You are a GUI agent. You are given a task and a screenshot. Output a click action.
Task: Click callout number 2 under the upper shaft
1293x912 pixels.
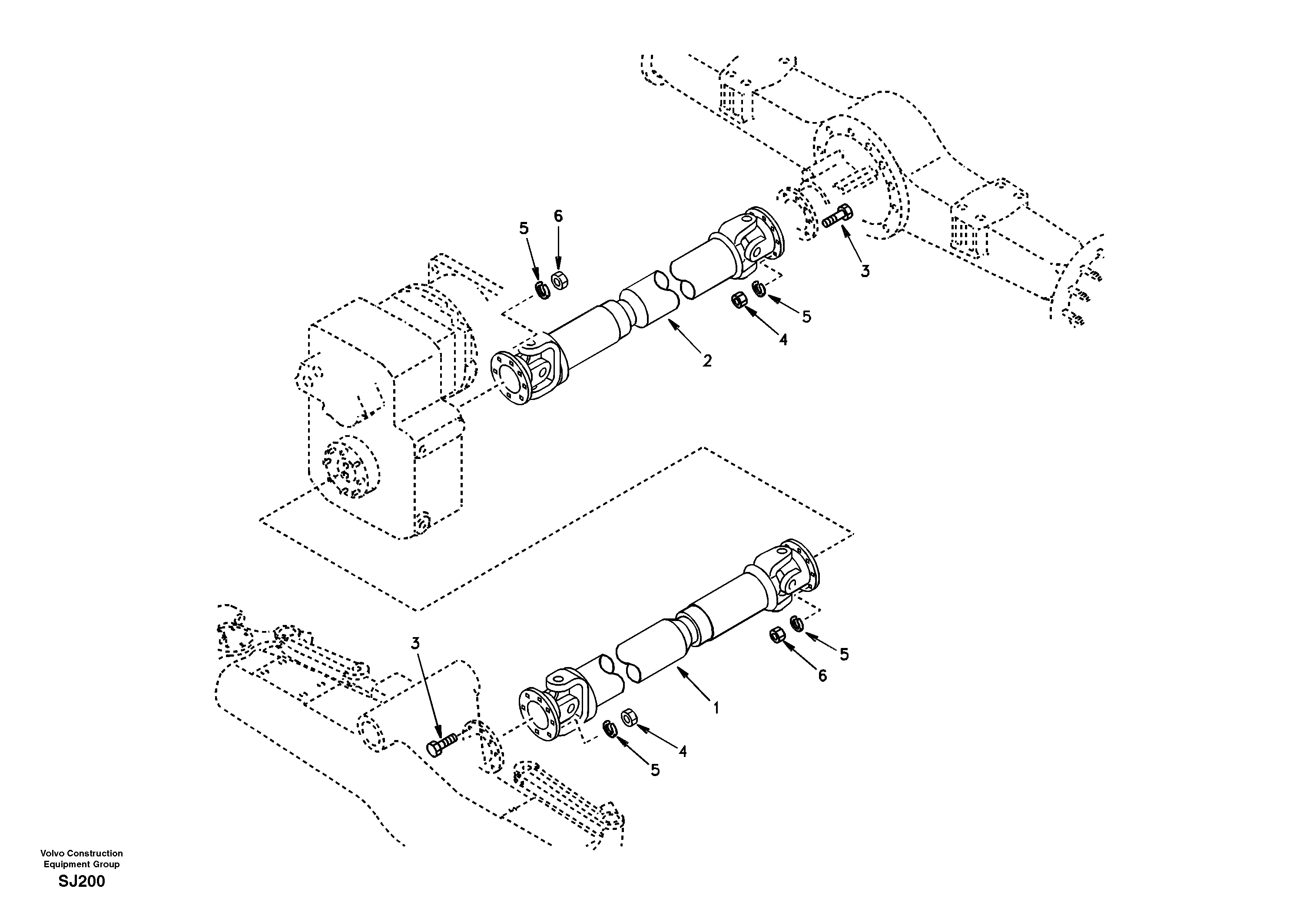tap(707, 361)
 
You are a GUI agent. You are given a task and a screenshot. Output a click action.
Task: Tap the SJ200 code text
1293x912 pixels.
tap(82, 882)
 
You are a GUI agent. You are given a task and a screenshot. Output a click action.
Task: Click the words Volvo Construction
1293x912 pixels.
tap(82, 853)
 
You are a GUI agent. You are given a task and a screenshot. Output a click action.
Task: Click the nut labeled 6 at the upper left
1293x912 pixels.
tap(559, 280)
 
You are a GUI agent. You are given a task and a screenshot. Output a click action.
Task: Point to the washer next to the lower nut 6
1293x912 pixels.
tap(796, 624)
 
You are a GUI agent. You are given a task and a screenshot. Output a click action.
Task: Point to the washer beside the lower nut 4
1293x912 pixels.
tap(609, 728)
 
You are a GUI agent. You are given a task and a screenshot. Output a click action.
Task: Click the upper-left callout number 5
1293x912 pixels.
tap(524, 228)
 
